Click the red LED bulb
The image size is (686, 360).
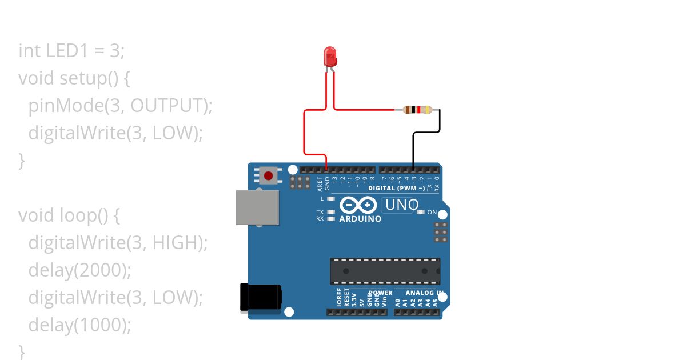click(330, 57)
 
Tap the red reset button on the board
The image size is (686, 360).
click(268, 174)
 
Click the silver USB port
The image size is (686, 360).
click(257, 207)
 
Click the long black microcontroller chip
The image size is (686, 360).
click(385, 271)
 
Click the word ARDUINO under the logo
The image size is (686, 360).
click(360, 219)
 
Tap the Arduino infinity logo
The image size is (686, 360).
click(358, 205)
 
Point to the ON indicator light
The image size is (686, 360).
click(421, 213)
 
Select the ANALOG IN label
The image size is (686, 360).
click(424, 293)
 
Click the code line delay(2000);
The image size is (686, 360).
click(79, 270)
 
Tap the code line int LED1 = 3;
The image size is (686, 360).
click(71, 51)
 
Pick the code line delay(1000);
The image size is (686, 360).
click(79, 325)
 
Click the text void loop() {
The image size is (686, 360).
click(70, 215)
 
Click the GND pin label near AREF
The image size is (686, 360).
click(328, 183)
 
